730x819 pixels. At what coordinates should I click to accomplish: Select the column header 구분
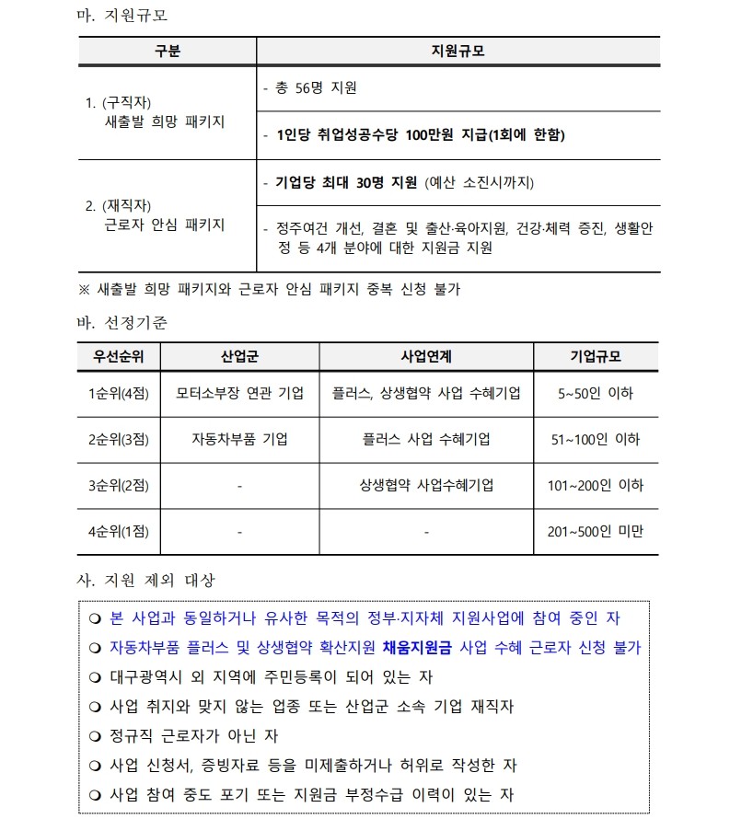168,52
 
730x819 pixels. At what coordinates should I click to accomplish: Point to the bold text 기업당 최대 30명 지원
346,182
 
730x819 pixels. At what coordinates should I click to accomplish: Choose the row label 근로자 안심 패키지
165,225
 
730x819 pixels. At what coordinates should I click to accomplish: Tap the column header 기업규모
596,356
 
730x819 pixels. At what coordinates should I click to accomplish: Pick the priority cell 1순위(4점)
118,393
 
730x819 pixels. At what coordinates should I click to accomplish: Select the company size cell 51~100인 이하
596,439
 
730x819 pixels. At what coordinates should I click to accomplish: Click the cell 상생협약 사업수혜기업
426,485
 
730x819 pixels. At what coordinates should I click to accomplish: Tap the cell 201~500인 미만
596,531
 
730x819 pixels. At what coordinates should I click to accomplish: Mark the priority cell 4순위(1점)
118,531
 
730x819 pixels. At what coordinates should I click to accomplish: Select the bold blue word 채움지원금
417,648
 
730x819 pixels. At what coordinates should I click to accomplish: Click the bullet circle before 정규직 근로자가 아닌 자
95,737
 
